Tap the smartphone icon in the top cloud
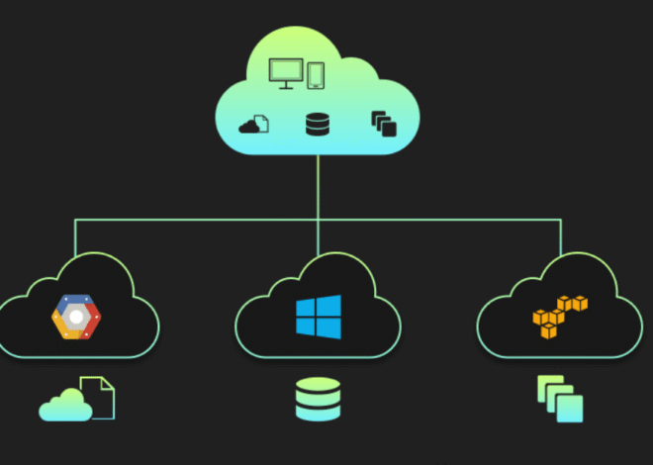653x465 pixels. pos(316,75)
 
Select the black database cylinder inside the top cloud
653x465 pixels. pos(318,125)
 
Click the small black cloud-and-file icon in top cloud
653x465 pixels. pos(253,125)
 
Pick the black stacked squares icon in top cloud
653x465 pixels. pos(383,124)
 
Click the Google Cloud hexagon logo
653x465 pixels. pos(76,317)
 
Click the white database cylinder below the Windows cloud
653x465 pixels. pos(318,400)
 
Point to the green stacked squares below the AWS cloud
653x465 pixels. pos(559,398)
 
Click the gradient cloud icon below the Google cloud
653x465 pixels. pos(65,404)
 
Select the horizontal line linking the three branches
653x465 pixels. pos(198,219)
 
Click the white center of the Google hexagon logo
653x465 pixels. pos(76,318)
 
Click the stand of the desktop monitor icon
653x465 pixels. pos(287,86)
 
